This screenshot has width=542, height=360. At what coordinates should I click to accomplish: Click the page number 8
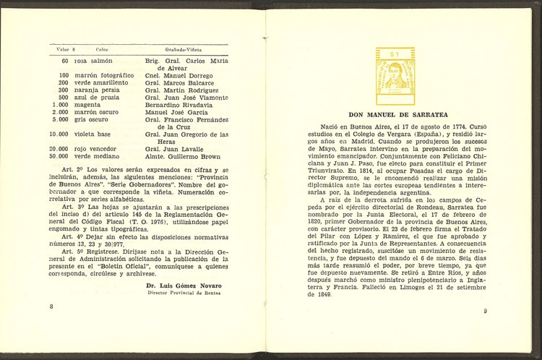(x=51, y=307)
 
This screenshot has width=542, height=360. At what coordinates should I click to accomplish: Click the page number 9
(x=486, y=312)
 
